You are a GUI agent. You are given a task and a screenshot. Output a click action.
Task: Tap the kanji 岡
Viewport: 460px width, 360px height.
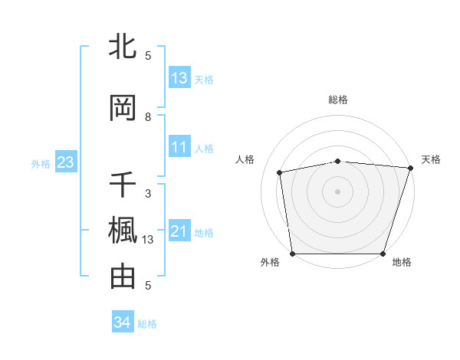pyautogui.click(x=123, y=107)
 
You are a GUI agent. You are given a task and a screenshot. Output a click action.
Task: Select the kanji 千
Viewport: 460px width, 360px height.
pyautogui.click(x=123, y=185)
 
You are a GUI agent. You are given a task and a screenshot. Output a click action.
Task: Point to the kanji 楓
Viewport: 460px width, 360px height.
pyautogui.click(x=123, y=231)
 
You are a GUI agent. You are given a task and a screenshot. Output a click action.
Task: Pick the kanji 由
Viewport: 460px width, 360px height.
pyautogui.click(x=123, y=276)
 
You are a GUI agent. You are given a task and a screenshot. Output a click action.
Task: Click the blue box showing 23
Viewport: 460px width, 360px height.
pyautogui.click(x=64, y=162)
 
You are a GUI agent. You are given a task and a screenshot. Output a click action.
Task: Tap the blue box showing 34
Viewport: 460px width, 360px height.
pyautogui.click(x=122, y=322)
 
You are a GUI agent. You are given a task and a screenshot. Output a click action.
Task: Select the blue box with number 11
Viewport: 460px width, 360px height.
pyautogui.click(x=179, y=147)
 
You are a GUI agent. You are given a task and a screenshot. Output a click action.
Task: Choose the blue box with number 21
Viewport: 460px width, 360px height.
pyautogui.click(x=179, y=231)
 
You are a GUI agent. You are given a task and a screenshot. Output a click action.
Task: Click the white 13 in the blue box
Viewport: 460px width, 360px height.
pyautogui.click(x=179, y=78)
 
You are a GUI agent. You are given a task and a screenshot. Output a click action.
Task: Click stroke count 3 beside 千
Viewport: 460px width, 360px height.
pyautogui.click(x=148, y=193)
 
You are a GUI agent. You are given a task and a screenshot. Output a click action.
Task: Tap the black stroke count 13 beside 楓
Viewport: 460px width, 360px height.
pyautogui.click(x=148, y=240)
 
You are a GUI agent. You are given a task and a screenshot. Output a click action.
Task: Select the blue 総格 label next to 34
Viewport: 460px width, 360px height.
pyautogui.click(x=147, y=324)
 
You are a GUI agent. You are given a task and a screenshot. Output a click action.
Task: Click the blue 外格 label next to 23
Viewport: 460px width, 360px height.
pyautogui.click(x=41, y=163)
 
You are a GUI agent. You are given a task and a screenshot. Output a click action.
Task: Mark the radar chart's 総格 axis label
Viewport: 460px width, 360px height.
pyautogui.click(x=338, y=100)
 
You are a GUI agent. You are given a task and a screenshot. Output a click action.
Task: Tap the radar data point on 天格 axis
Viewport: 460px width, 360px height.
pyautogui.click(x=410, y=168)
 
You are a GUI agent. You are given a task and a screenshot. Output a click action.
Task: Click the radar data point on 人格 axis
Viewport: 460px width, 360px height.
pyautogui.click(x=280, y=172)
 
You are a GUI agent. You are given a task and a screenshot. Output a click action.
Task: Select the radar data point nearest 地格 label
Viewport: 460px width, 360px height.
pyautogui.click(x=383, y=254)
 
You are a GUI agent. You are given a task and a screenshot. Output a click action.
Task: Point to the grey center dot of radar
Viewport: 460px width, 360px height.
pyautogui.click(x=338, y=191)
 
